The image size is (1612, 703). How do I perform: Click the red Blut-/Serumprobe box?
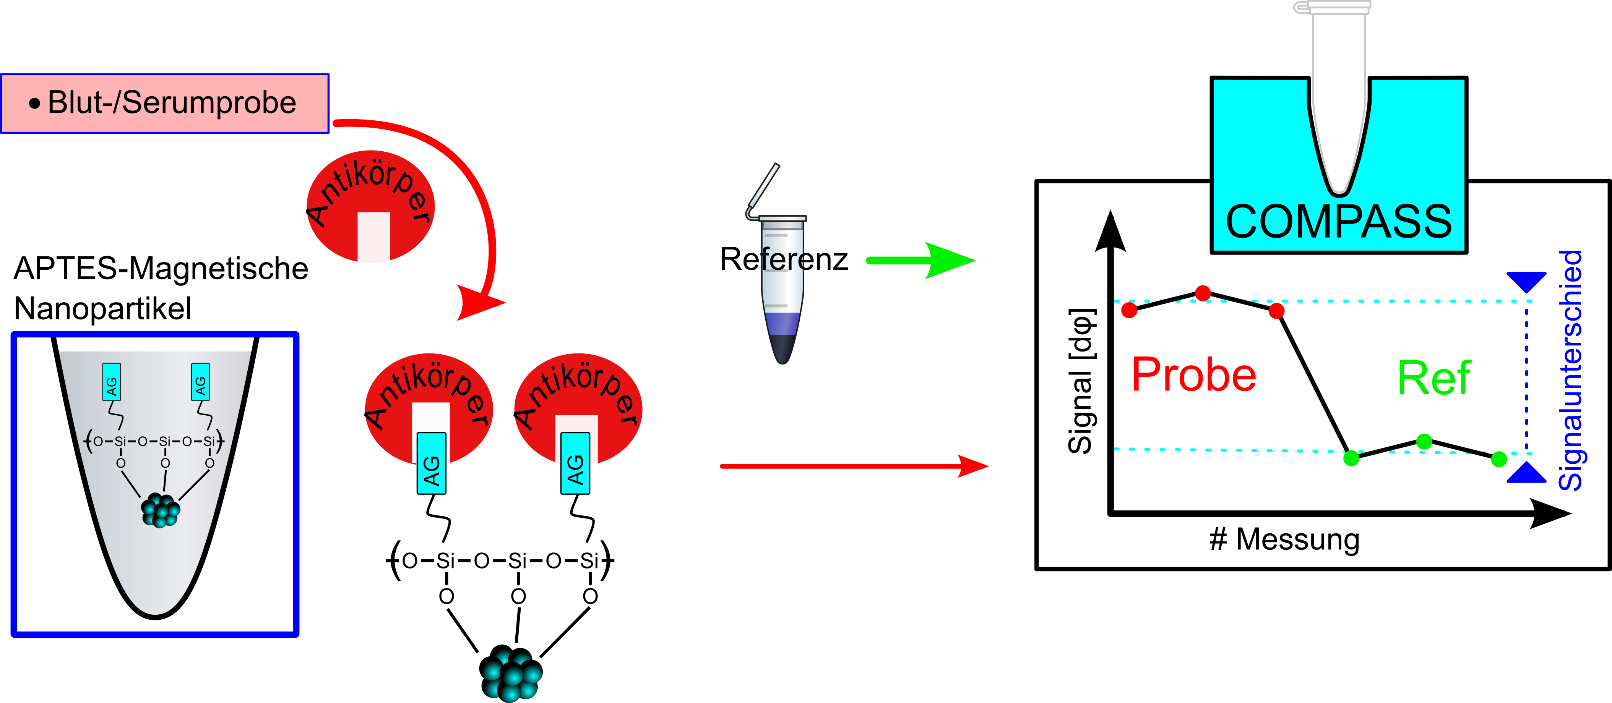(165, 103)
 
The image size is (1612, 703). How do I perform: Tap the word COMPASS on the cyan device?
(1338, 222)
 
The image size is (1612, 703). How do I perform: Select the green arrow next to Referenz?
(920, 260)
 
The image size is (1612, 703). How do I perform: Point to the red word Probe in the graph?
(1193, 375)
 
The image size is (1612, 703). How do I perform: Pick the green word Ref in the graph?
(1433, 378)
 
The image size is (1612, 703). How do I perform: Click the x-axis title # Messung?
(1284, 539)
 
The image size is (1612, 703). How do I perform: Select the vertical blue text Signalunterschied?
(1570, 370)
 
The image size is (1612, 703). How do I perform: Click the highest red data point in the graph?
(1203, 293)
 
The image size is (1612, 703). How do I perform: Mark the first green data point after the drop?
(1351, 458)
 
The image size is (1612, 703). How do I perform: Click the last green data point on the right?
(1499, 460)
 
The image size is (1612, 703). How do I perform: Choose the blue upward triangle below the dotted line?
(1526, 473)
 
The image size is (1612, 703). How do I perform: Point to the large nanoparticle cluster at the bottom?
(511, 674)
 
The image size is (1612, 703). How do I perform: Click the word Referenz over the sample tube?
(784, 259)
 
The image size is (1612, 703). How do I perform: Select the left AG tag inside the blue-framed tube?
(111, 382)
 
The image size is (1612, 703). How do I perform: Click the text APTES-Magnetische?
(161, 269)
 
